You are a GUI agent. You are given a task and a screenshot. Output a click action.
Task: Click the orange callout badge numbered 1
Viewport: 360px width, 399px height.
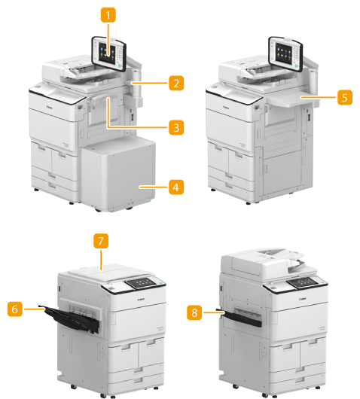click(x=108, y=15)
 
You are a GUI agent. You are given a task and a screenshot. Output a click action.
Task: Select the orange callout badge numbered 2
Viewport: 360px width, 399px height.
click(x=176, y=83)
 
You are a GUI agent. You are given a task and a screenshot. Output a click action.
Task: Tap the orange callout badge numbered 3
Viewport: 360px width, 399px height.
click(x=176, y=127)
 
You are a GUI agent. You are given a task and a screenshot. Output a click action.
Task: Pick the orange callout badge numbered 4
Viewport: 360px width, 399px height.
click(x=176, y=187)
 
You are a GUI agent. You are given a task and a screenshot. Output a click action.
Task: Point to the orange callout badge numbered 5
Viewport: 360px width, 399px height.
click(x=345, y=97)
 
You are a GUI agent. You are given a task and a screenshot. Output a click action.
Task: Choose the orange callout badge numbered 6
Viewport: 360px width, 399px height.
click(x=15, y=309)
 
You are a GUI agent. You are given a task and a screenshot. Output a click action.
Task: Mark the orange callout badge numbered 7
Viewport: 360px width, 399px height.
click(x=101, y=241)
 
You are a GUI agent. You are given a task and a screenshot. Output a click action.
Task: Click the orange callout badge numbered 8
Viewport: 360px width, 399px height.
click(x=194, y=312)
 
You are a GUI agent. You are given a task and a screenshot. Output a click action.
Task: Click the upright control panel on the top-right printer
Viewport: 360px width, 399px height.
click(x=285, y=54)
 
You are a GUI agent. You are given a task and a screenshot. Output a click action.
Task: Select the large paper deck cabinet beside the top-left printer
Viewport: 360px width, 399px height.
click(x=118, y=174)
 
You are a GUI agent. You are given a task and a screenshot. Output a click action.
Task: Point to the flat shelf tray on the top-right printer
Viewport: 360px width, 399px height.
click(x=293, y=99)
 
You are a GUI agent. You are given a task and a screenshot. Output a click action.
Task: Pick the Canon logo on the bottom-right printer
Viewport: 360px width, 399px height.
click(x=303, y=299)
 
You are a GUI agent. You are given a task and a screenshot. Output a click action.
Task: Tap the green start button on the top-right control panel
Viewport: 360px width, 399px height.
click(x=296, y=66)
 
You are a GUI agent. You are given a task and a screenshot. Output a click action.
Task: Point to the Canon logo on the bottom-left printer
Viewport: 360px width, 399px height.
click(x=141, y=299)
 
